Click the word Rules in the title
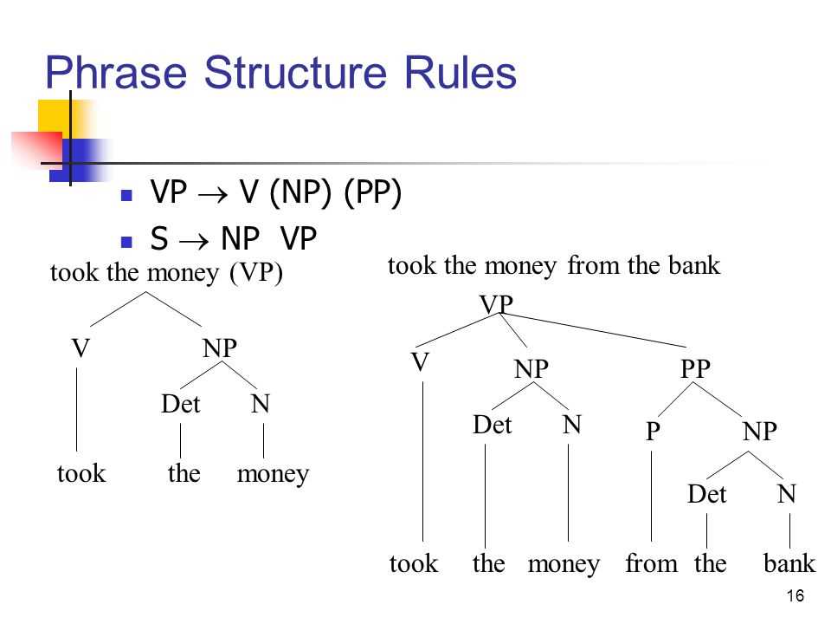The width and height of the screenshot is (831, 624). [460, 72]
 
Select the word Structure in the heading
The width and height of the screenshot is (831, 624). [295, 72]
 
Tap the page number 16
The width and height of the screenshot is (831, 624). [795, 596]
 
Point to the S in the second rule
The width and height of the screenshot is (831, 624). [159, 238]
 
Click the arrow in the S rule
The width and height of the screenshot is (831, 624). [195, 242]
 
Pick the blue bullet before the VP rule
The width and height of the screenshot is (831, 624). [126, 196]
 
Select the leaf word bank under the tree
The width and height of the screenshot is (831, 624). [789, 563]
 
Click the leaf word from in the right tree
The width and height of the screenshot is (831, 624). [651, 563]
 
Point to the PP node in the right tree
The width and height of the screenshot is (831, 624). [695, 369]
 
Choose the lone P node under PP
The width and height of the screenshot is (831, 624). [653, 431]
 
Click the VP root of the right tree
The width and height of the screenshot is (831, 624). [497, 304]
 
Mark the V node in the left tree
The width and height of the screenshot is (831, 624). [81, 348]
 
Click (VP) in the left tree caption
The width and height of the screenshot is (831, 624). [256, 273]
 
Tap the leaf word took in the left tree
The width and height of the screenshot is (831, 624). [81, 473]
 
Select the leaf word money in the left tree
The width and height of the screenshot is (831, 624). [273, 474]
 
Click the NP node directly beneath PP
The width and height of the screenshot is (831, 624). [759, 431]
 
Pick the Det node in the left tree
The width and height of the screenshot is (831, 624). [181, 404]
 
